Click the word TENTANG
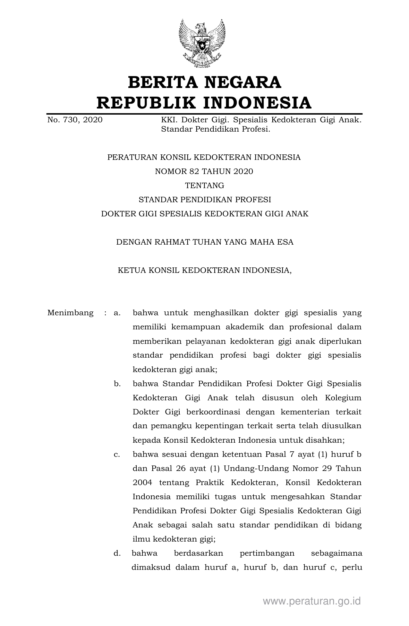click(204, 186)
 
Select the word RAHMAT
click(174, 242)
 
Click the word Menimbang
click(71, 313)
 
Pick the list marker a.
click(117, 313)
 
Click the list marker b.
click(117, 384)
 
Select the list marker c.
click(117, 454)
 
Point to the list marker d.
click(117, 553)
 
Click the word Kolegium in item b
click(343, 398)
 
